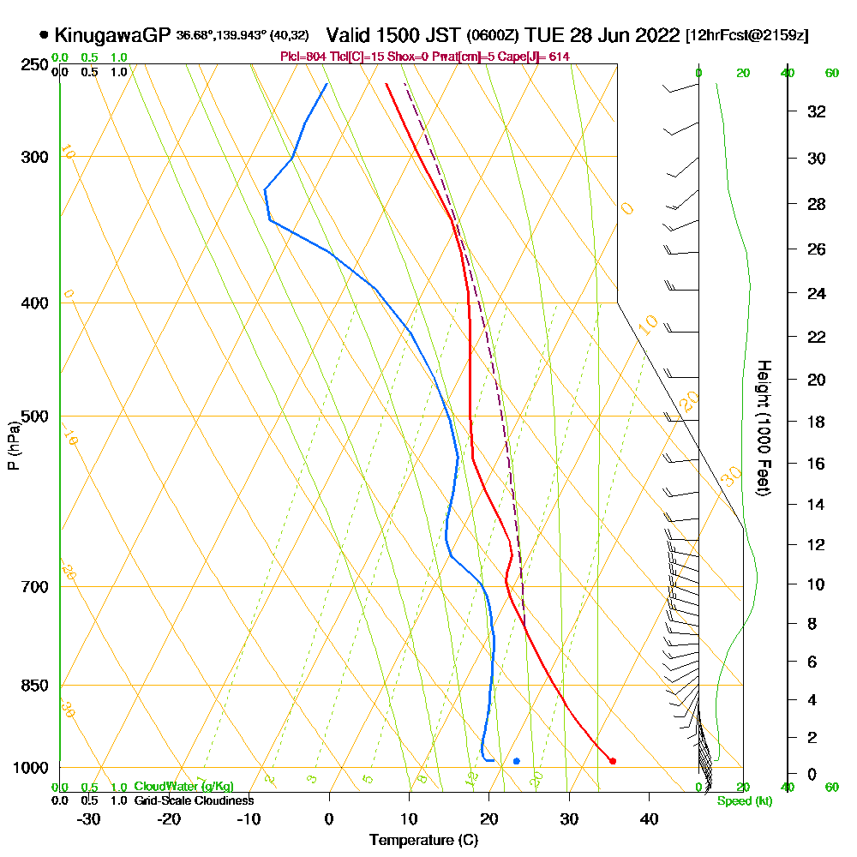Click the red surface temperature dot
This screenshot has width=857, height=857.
[612, 761]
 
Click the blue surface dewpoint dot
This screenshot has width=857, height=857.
[516, 761]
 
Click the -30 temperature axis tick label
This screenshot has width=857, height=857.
[89, 819]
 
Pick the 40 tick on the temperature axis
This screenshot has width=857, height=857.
[649, 819]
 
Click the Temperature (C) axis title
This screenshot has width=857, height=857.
[423, 841]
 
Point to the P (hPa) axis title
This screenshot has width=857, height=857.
[13, 446]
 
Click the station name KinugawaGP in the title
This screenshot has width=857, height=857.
[111, 36]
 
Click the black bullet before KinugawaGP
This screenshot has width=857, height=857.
[44, 36]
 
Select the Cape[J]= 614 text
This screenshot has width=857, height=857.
[538, 57]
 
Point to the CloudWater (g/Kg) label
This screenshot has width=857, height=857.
[183, 787]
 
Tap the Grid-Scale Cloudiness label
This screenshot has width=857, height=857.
[194, 800]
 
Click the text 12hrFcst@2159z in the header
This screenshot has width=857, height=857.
[746, 37]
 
